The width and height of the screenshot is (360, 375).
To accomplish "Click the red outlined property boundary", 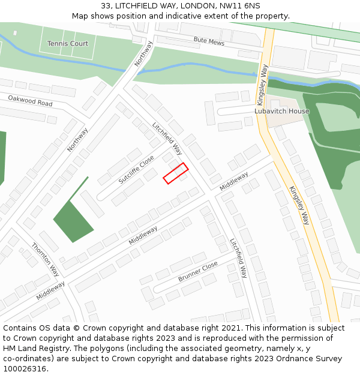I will (x=176, y=173).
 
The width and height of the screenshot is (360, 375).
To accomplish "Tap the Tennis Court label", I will (x=67, y=44).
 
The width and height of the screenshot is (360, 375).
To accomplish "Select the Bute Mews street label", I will (x=208, y=42).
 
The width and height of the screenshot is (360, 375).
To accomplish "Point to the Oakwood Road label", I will (x=30, y=100).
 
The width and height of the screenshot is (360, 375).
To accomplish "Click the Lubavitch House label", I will (x=282, y=111).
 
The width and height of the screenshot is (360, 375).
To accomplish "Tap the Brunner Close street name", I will (x=197, y=271).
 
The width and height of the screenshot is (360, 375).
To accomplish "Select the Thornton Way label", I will (x=45, y=259).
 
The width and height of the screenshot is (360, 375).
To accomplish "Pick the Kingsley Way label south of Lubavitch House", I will (x=299, y=205).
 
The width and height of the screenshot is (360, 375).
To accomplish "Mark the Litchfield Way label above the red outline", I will (x=167, y=139).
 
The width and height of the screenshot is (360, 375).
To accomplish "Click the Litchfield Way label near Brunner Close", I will (x=239, y=258).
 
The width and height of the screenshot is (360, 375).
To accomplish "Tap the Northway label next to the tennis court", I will (x=144, y=53).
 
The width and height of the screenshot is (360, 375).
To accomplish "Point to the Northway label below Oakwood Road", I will (x=77, y=139).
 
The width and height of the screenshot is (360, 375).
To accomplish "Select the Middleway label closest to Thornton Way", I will (x=50, y=290).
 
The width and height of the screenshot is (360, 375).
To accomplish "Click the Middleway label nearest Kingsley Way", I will (x=234, y=181).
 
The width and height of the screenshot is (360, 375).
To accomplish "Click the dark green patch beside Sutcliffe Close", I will (x=73, y=220).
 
